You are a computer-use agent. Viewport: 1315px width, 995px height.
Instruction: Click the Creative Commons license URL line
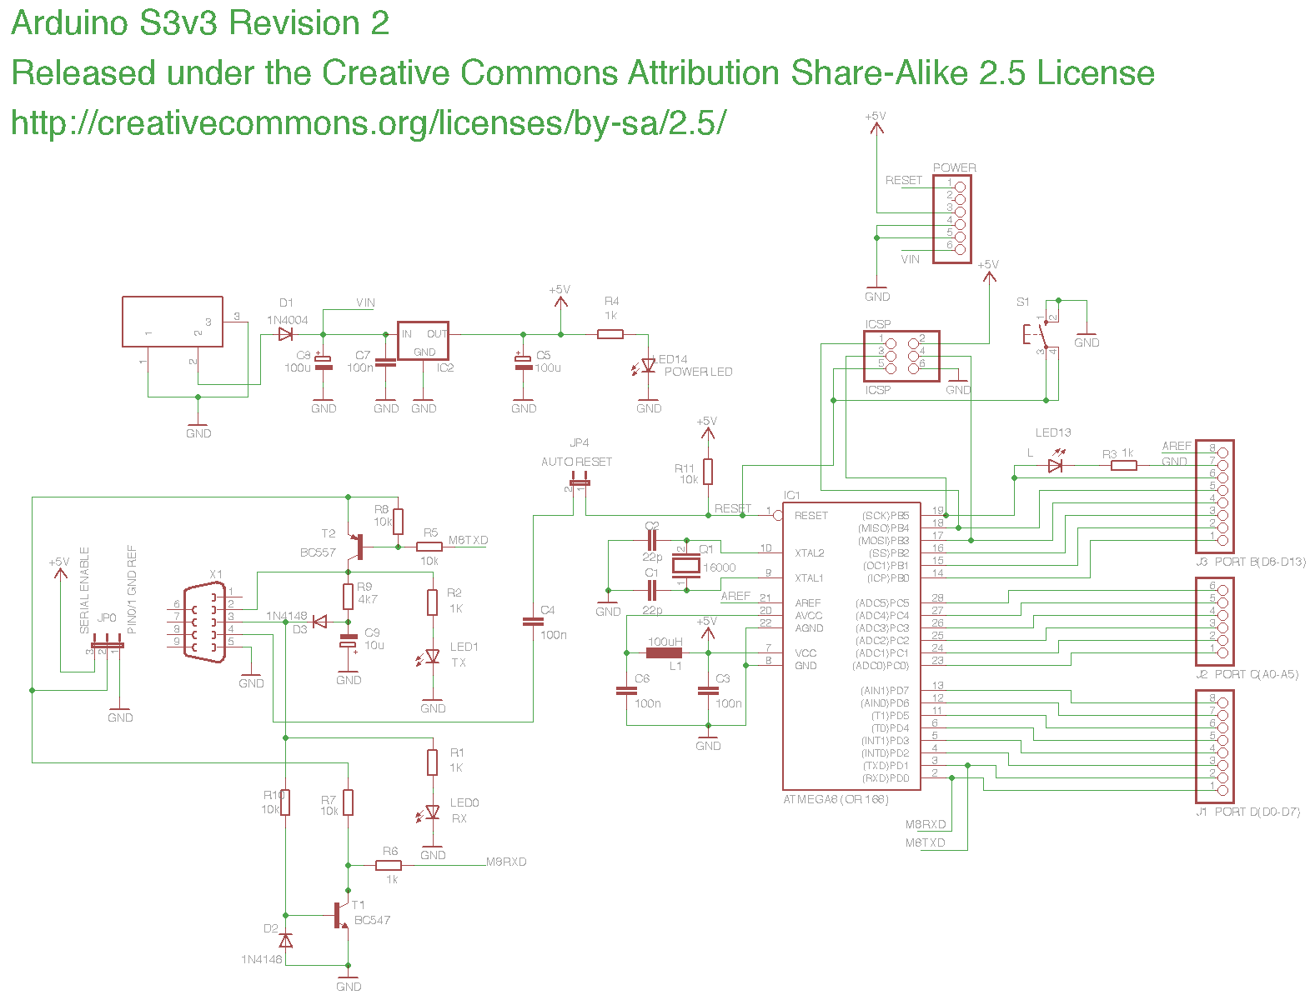coord(368,123)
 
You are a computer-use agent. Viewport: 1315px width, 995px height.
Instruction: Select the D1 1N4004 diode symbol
coord(286,334)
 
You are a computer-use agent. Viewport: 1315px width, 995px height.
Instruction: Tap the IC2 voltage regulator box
coord(423,341)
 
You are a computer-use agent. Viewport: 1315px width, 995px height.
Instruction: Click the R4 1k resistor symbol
coord(610,334)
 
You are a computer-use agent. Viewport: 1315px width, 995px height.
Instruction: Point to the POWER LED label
coord(698,372)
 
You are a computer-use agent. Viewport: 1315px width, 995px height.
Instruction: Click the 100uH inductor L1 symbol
coord(665,652)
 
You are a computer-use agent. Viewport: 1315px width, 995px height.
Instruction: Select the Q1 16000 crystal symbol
coord(686,566)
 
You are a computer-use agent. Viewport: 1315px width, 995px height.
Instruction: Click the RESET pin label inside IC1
coord(811,516)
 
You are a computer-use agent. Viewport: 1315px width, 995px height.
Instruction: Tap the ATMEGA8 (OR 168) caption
coord(836,800)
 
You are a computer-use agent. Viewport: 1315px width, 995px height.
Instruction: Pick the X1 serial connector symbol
coord(204,622)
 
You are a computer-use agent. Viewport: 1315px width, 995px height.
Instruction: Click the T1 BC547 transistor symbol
coord(341,915)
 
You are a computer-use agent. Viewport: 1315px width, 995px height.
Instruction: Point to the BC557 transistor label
coord(318,552)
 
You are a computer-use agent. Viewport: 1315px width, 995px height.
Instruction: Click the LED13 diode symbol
coord(1056,465)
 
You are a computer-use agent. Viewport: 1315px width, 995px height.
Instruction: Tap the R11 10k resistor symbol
coord(708,472)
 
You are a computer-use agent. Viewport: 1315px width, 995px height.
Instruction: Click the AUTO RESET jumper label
coord(576,462)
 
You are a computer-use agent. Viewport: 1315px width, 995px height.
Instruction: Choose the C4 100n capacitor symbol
coord(532,622)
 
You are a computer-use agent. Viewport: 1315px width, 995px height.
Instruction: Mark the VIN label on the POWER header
coord(910,259)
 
